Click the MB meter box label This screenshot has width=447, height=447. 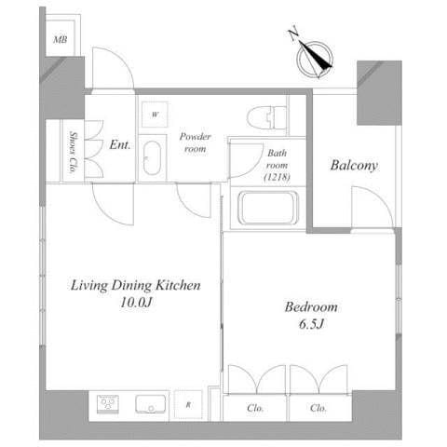(x=61, y=40)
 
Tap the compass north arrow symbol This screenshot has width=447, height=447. (x=315, y=59)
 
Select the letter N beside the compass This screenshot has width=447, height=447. (x=292, y=34)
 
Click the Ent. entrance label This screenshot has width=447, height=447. (x=120, y=144)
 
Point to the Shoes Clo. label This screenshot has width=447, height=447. (x=74, y=152)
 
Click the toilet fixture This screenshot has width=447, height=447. (x=267, y=117)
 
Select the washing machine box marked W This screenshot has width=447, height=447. (x=155, y=115)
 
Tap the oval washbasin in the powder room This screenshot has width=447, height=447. (x=152, y=158)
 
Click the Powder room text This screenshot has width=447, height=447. (x=196, y=142)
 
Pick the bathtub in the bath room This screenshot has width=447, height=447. (x=267, y=208)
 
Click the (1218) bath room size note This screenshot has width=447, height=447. (x=277, y=177)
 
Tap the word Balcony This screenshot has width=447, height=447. (x=354, y=165)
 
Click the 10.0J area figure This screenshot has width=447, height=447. (x=136, y=302)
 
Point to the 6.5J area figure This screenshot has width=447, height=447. (x=311, y=324)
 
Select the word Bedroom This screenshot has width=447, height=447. (x=311, y=307)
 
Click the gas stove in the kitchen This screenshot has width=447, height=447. (x=107, y=404)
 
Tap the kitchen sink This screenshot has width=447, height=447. (x=150, y=404)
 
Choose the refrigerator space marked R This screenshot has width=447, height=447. (x=188, y=405)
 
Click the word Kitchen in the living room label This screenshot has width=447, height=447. (x=178, y=285)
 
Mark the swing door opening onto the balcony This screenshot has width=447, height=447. (x=372, y=208)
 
